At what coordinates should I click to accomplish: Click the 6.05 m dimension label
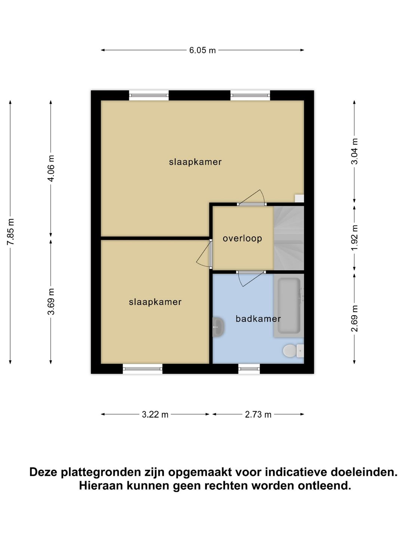click(202, 50)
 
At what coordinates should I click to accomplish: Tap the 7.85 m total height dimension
click(10, 232)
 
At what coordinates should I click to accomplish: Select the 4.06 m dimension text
click(51, 168)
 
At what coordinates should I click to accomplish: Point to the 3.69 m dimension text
click(51, 302)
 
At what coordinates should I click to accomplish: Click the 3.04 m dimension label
click(355, 151)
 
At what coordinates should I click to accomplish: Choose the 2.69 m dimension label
click(355, 318)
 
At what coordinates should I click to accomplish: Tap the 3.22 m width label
click(155, 414)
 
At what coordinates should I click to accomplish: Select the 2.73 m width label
click(258, 414)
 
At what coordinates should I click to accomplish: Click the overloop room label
click(242, 238)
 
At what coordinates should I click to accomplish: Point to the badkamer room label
click(258, 319)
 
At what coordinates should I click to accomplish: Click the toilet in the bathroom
click(293, 350)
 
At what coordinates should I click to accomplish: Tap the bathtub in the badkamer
click(289, 306)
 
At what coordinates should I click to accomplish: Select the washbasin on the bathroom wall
click(218, 327)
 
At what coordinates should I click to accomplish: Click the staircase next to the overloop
click(289, 238)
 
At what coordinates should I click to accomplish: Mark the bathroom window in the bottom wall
click(249, 369)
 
